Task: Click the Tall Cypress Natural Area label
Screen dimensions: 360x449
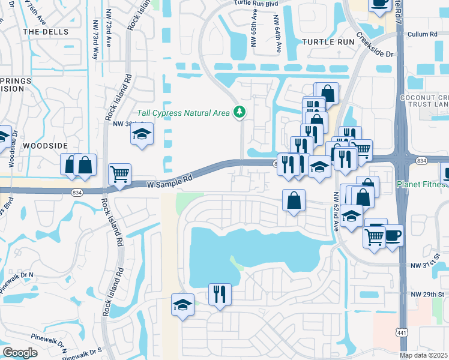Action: click(184, 112)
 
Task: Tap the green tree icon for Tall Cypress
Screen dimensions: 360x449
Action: click(240, 112)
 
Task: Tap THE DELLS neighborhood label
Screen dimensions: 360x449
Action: click(46, 31)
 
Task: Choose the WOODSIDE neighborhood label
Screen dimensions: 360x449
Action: click(46, 145)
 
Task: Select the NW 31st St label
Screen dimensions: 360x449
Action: click(426, 265)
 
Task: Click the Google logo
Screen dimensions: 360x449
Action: click(20, 353)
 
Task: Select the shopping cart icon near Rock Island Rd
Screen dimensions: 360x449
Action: click(119, 174)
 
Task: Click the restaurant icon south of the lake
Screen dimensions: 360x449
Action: click(219, 294)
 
